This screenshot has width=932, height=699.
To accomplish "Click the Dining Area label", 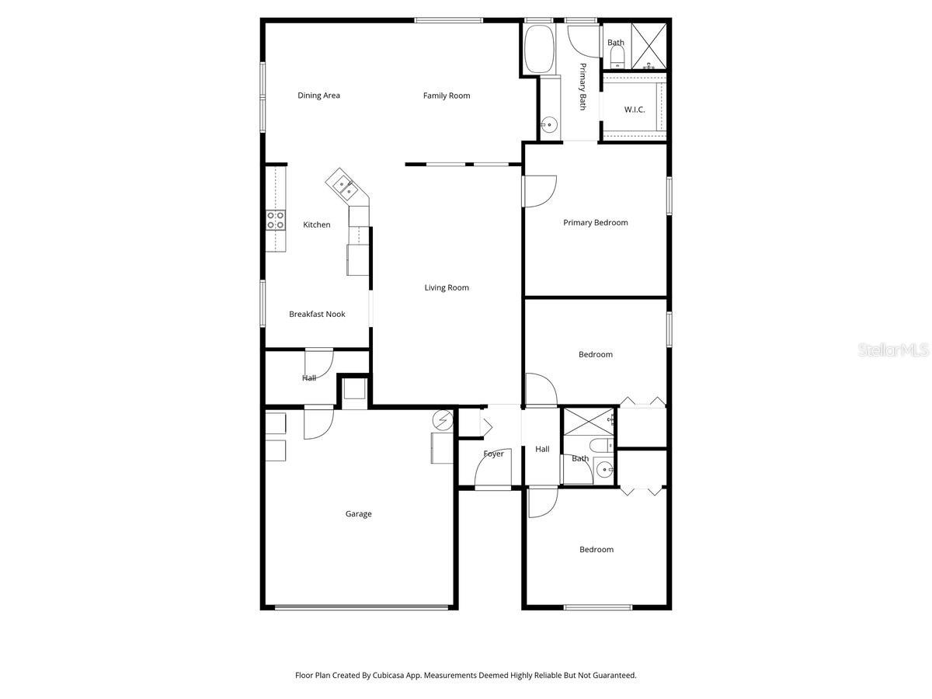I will click(318, 96).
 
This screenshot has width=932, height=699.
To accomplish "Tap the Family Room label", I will click(447, 96).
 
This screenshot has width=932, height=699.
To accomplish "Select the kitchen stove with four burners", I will click(275, 220).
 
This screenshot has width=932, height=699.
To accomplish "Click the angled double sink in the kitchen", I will click(341, 186).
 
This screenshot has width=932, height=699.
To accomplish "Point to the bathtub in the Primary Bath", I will click(537, 50).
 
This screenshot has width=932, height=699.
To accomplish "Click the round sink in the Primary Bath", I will click(549, 123).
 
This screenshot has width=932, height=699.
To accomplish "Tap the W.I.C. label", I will click(635, 110).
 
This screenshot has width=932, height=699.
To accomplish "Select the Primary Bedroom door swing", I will click(540, 190).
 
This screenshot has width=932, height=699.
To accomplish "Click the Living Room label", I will click(447, 287).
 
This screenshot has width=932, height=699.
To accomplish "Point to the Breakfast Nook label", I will click(317, 314).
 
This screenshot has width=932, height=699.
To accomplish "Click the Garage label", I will click(358, 513).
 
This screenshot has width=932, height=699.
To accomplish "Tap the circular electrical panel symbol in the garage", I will click(443, 420).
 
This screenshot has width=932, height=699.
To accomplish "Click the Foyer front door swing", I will click(490, 469).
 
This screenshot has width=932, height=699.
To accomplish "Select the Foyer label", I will click(493, 454).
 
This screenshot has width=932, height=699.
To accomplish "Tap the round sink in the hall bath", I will click(605, 468).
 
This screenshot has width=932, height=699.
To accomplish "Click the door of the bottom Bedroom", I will click(541, 502).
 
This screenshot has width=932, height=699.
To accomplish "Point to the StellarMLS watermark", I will click(892, 350).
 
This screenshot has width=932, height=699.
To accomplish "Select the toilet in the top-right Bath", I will click(617, 55).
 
